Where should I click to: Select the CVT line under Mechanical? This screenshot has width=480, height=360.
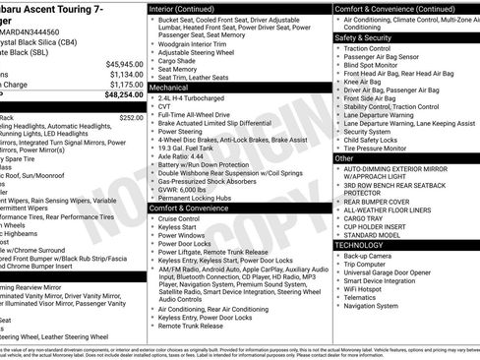[165, 109]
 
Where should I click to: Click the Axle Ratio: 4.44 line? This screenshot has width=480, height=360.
[180, 154]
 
